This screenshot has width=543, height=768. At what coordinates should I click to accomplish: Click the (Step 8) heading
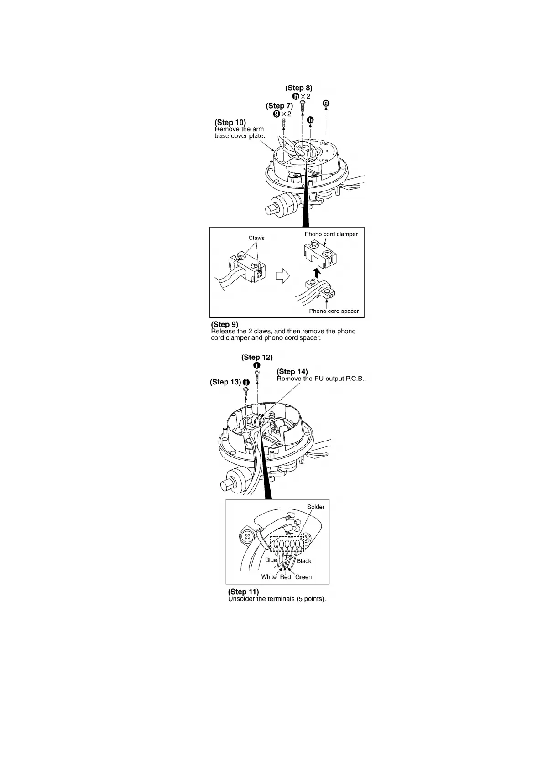[x=298, y=88]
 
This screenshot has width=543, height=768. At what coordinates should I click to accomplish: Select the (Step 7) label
[x=279, y=106]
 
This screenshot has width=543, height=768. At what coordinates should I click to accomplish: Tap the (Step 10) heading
[x=230, y=122]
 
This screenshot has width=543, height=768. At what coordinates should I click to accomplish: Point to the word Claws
[x=256, y=238]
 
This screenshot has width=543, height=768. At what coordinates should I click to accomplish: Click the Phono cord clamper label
[x=331, y=234]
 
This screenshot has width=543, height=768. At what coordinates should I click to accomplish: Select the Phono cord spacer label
[x=334, y=311]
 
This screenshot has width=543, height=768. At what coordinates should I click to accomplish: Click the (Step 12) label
[x=257, y=357]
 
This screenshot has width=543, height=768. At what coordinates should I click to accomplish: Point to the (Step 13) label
[x=225, y=382]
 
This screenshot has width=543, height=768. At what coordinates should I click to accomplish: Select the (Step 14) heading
[x=292, y=372]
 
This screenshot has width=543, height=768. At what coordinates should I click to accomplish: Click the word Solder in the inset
[x=316, y=507]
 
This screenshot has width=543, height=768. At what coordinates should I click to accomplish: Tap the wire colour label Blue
[x=271, y=560]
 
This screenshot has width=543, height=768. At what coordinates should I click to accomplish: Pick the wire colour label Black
[x=304, y=561]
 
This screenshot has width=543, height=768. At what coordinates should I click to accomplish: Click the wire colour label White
[x=269, y=577]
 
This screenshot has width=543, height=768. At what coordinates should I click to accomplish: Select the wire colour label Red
[x=285, y=577]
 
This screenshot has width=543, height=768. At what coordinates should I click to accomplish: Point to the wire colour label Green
[x=303, y=577]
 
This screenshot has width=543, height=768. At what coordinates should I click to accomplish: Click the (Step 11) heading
[x=243, y=592]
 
